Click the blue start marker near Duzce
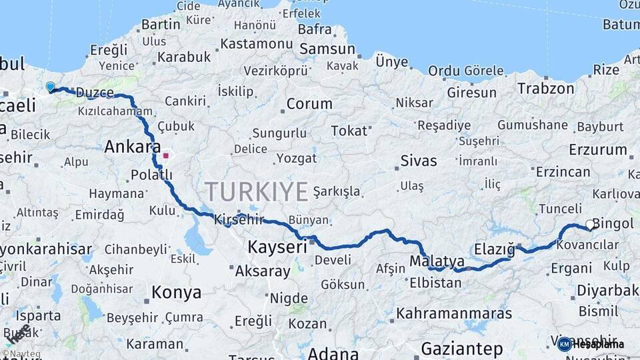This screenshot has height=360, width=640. click(x=50, y=87)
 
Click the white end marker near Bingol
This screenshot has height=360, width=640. click(x=589, y=225)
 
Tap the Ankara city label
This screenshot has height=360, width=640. click(x=133, y=147)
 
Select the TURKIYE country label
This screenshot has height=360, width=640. click(x=257, y=191)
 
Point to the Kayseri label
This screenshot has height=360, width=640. click(x=277, y=247)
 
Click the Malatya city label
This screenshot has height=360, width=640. click(x=437, y=261)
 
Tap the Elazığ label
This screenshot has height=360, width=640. click(x=495, y=249)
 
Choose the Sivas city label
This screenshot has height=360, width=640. click(x=419, y=161)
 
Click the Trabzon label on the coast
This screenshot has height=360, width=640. click(x=545, y=89)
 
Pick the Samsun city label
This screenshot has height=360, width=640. click(x=327, y=49)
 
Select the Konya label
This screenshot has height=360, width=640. click(x=176, y=293)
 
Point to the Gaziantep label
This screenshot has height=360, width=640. click(x=462, y=348)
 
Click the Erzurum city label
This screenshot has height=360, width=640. click(x=594, y=149)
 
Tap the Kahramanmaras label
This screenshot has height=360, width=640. click(x=454, y=313)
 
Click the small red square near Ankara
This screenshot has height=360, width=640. click(x=165, y=156)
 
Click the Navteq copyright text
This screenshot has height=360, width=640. click(x=21, y=354)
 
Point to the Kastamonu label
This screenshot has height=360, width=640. click(x=256, y=43)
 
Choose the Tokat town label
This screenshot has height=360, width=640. click(x=349, y=131)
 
